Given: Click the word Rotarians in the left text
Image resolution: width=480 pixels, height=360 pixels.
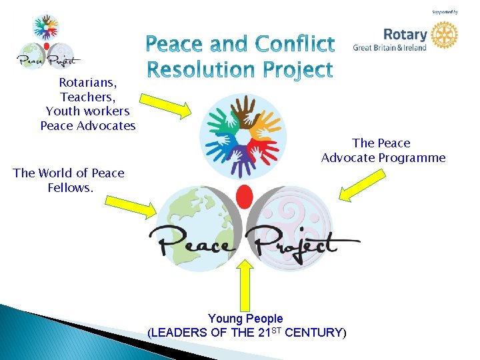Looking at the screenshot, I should (87, 83).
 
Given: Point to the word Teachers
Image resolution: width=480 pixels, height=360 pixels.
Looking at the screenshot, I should (87, 97).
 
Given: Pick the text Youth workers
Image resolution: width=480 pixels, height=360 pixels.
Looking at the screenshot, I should (87, 111).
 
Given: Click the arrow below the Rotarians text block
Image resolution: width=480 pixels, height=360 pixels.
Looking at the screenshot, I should (165, 105).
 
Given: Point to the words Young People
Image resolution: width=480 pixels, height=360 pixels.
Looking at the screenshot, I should (245, 319).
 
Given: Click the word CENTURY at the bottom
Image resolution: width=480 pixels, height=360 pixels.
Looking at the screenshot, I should (313, 332).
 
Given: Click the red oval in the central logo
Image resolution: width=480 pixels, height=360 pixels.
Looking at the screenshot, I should (245, 197).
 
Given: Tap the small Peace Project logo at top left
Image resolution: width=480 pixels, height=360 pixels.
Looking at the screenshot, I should (45, 43).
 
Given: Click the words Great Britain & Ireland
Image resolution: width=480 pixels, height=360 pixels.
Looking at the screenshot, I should (390, 47).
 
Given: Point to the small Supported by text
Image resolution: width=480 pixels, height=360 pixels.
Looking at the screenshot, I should (445, 12).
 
